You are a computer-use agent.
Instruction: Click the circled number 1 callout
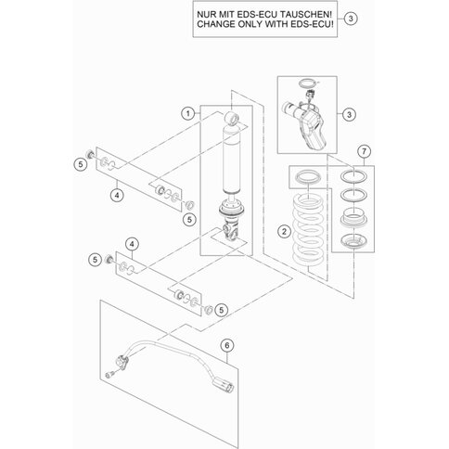pos(188,113)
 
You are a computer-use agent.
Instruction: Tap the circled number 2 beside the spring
pos(285,231)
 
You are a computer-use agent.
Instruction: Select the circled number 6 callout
pos(227,345)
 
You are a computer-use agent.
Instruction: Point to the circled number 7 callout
pos(364,151)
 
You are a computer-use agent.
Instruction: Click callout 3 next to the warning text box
pos(351,19)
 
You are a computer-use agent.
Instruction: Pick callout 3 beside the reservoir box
pos(349,114)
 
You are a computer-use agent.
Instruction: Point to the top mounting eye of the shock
pos(233,119)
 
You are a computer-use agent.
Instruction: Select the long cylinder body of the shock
pos(232,160)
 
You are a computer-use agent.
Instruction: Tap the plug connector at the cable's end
pos(223,385)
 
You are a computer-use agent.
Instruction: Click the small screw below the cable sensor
pos(109,375)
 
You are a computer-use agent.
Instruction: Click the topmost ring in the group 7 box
pos(353,176)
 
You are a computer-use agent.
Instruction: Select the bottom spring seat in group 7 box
pos(353,241)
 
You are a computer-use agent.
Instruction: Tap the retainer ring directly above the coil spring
pos(308,177)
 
